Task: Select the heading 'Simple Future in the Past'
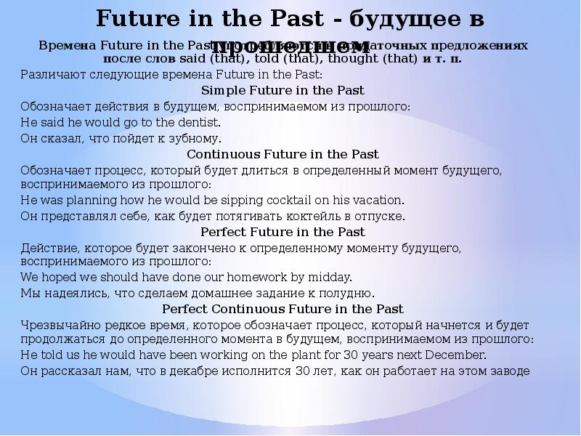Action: tap(282, 91)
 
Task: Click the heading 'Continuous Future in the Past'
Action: tap(283, 154)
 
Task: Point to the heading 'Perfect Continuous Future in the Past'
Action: tap(283, 309)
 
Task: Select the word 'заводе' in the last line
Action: tap(511, 371)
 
